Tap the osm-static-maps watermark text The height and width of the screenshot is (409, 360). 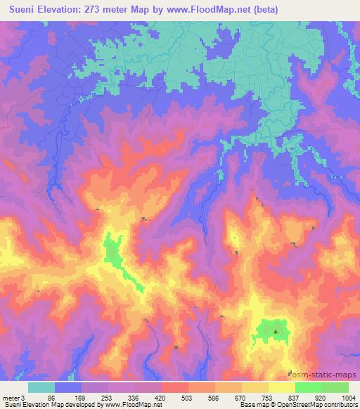click(327, 373)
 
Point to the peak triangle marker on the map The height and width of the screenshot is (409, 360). click(276, 330)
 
